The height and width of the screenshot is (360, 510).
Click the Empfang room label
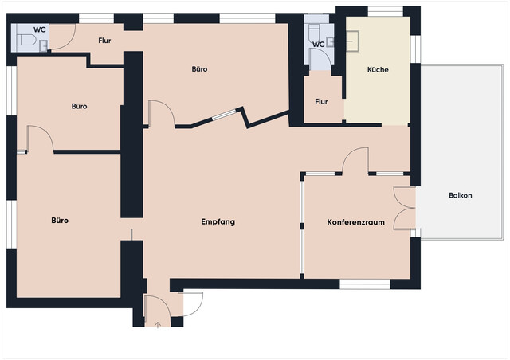[x=218, y=222]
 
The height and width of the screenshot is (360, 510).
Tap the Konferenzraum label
[x=356, y=222]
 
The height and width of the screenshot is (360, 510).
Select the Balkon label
[x=461, y=195]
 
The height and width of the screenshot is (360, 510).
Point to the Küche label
[x=378, y=69]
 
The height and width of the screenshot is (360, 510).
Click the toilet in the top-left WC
[x=25, y=40]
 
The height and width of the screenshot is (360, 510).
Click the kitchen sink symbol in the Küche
[x=352, y=41]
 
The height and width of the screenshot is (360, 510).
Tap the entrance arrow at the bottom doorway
[x=158, y=324]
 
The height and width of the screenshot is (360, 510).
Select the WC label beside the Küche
[x=319, y=45]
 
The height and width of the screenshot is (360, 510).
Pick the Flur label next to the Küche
[x=321, y=102]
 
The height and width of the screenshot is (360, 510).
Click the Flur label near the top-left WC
[x=104, y=41]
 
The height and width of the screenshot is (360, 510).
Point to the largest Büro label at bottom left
[x=60, y=221]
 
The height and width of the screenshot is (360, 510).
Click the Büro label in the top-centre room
[x=199, y=69]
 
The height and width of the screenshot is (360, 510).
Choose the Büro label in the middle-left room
[x=80, y=107]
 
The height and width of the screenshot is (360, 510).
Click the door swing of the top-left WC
[x=69, y=42]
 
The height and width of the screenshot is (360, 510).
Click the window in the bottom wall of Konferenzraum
[x=365, y=284]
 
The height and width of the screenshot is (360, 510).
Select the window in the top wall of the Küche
[x=386, y=11]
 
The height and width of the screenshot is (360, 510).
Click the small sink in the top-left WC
[x=43, y=45]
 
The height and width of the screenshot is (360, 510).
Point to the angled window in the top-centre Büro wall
[x=225, y=115]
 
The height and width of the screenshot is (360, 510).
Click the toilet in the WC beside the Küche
[x=315, y=32]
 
